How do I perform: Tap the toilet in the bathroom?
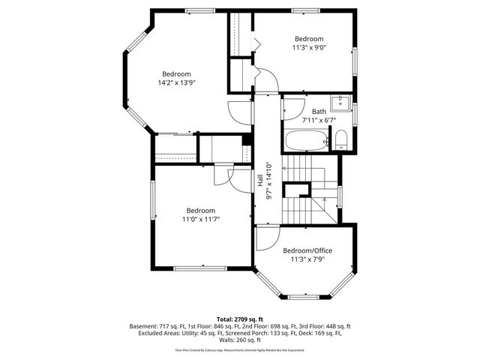pos(340,138)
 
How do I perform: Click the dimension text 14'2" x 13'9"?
pos(177,82)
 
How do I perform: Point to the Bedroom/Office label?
pos(307,250)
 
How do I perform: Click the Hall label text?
pos(260,180)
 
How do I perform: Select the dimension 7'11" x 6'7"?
pos(319,119)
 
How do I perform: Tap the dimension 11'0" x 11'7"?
pos(201,219)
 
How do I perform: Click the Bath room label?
pos(319,111)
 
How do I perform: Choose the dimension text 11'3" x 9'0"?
pos(308,47)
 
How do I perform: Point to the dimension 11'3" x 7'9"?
pos(307,259)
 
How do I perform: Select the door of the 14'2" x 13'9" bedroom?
pos(239,112)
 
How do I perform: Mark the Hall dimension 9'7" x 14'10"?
pos(268,180)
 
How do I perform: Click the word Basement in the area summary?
pos(144,327)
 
